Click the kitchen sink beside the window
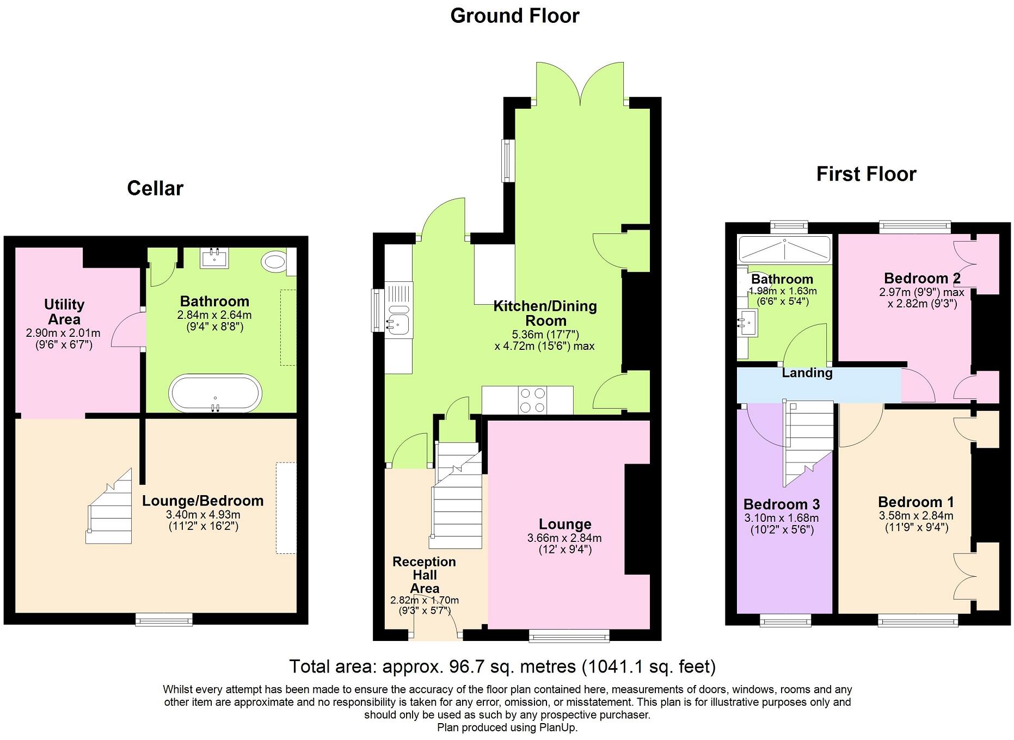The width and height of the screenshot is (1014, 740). coord(398,324)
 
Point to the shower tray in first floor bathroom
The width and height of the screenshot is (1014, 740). coord(784,249)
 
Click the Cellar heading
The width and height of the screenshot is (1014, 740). coord(155,188)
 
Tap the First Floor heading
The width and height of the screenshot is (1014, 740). coord(865,174)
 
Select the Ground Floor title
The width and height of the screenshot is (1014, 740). coord(514,16)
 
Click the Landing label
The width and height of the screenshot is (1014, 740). coord(807,373)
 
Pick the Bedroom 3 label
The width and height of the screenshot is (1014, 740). coord(781,504)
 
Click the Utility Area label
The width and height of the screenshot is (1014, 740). coord(64,312)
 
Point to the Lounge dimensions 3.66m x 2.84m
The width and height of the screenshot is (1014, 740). coord(564,538)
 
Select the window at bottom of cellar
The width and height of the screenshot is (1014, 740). coord(164,619)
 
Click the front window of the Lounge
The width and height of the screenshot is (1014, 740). coord(569,635)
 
